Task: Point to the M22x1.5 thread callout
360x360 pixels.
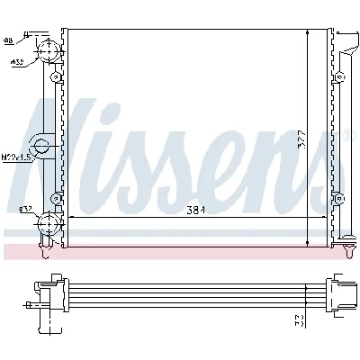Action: tap(14, 156)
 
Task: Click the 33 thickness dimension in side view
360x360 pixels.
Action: tap(298, 321)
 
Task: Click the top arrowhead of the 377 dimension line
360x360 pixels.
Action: tap(309, 32)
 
